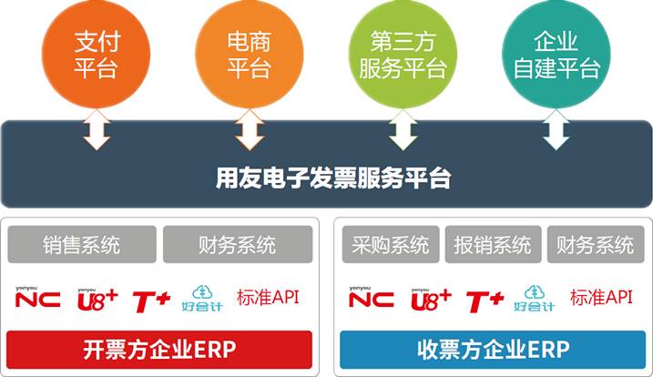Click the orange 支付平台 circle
click(96, 54)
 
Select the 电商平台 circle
click(249, 54)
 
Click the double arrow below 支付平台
click(96, 133)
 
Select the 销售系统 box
click(81, 244)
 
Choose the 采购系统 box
click(390, 244)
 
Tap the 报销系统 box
click(493, 244)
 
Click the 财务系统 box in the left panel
click(237, 244)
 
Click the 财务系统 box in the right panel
click(595, 244)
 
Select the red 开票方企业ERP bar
click(159, 349)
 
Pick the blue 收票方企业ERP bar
click(492, 349)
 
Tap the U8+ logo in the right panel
click(431, 298)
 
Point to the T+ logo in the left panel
click(151, 299)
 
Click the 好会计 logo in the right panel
click(535, 299)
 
